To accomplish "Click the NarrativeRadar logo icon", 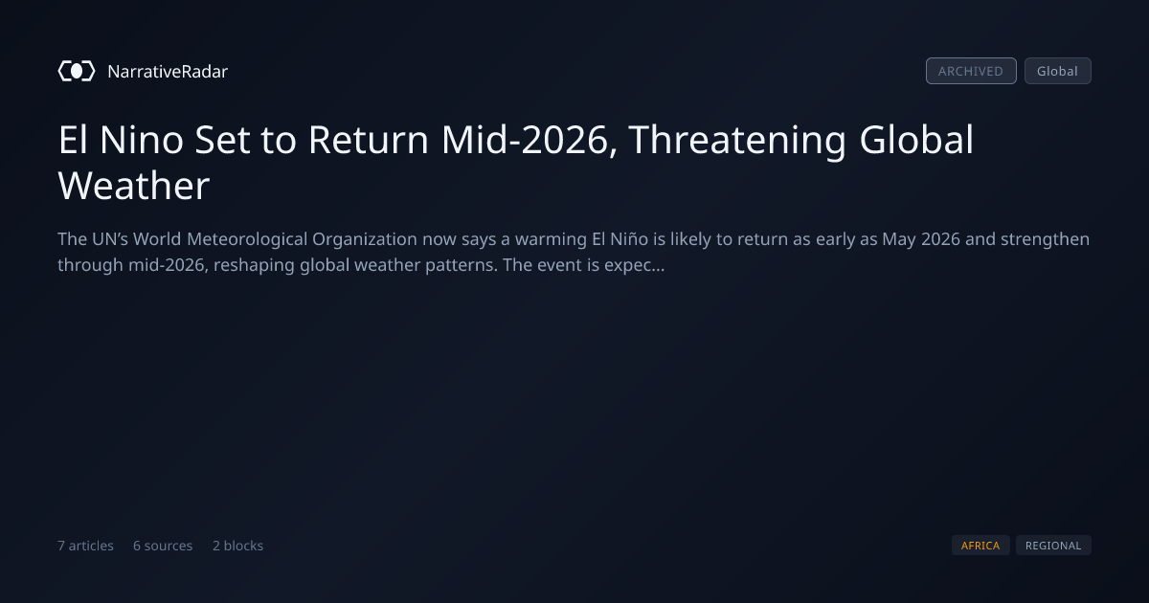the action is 77,71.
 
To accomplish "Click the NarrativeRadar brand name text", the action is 168,71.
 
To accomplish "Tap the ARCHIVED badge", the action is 971,71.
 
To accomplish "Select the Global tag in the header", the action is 1058,71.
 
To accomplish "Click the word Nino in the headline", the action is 141,140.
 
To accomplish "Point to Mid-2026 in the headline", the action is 529,140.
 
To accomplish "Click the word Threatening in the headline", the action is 737,141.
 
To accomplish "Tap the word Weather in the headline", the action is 134,186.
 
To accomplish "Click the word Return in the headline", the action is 368,140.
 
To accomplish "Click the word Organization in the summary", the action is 364,239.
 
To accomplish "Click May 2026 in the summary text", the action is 921,239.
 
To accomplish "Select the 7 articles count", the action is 85,546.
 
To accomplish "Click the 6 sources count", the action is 163,546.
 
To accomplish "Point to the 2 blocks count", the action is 238,546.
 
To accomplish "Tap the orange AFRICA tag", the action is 980,546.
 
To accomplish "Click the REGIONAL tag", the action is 1053,546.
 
